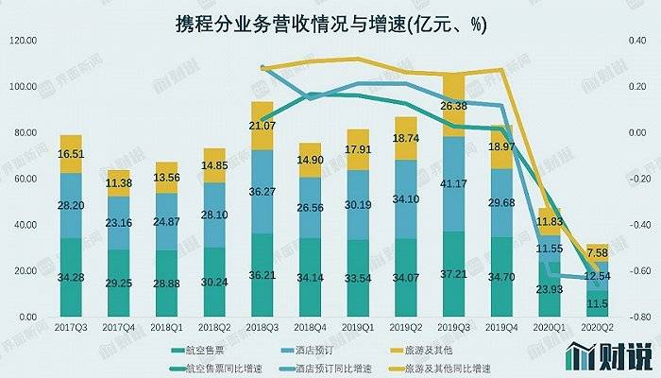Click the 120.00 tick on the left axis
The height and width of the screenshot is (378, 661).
[21, 40]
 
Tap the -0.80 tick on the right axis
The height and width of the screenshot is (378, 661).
[643, 317]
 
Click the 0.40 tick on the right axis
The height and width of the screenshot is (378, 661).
[643, 40]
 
